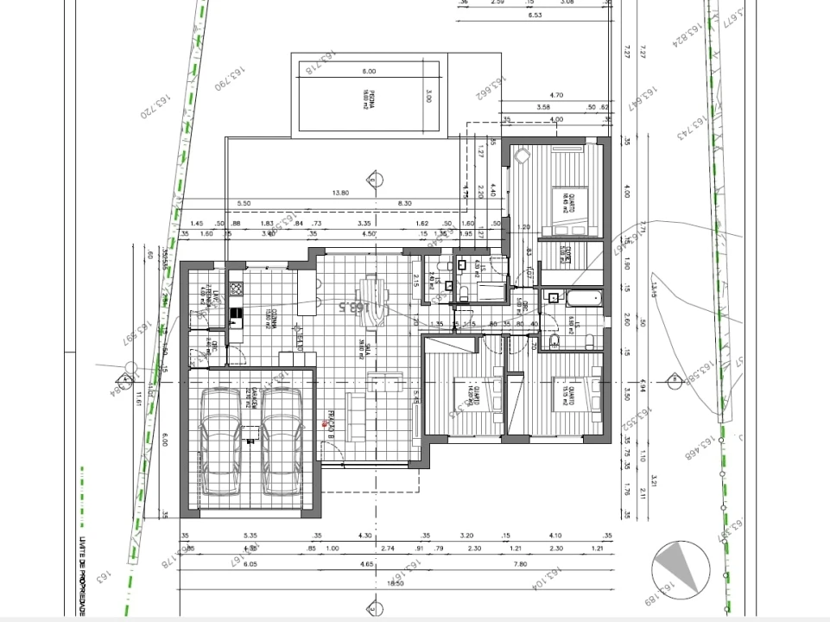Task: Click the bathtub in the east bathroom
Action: point(584,298)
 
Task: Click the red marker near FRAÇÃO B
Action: point(325,423)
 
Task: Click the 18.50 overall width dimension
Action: point(395,584)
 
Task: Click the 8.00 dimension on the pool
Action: point(369,71)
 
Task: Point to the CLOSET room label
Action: point(565,253)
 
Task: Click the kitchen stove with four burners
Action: point(236,288)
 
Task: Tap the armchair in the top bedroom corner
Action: point(522,160)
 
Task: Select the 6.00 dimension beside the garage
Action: point(165,438)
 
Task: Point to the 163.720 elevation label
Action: point(152,101)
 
